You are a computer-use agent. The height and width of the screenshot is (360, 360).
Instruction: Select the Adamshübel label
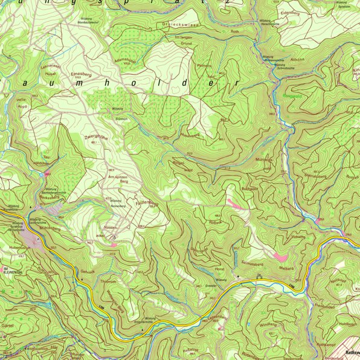(125, 60)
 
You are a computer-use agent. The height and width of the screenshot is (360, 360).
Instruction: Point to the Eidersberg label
(290, 11)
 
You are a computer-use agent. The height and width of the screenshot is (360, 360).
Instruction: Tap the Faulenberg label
(147, 205)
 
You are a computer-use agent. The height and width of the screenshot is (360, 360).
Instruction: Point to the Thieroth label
(108, 281)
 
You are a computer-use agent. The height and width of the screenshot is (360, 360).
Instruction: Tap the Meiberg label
(286, 268)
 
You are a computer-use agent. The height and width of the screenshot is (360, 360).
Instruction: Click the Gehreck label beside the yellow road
(88, 273)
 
